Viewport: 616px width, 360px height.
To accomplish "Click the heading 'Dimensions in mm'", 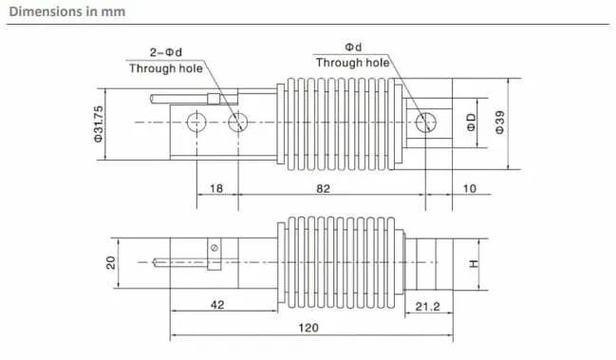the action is click(x=67, y=11).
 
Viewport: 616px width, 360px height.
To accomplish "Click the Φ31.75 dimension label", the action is click(x=98, y=123).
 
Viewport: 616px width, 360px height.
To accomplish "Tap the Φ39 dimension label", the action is click(x=499, y=123).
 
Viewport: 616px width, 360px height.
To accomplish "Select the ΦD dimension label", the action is click(x=471, y=123).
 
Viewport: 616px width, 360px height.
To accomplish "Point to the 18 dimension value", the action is click(x=216, y=189).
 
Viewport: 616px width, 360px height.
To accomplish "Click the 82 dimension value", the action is click(x=323, y=189).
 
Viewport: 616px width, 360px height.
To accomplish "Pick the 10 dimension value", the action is click(x=470, y=189).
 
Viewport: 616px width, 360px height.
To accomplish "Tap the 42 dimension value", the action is click(x=217, y=305).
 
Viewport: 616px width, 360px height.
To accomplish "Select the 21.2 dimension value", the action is click(x=428, y=307).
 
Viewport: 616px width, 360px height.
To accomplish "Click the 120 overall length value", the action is click(x=308, y=328).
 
